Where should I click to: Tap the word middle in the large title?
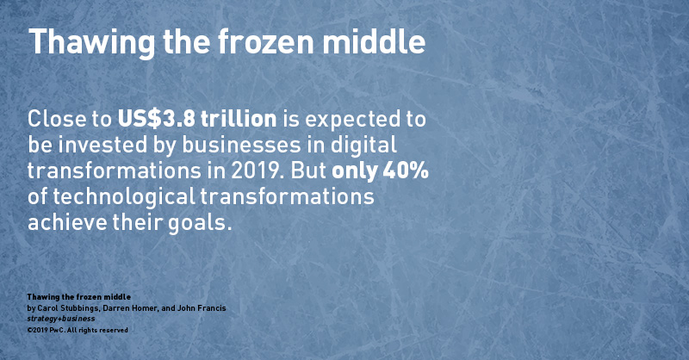374,40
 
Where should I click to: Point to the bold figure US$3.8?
156,119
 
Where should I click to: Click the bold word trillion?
239,119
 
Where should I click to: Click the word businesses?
242,145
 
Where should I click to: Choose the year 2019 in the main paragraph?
255,171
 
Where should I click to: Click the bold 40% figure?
406,171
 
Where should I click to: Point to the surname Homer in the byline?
143,308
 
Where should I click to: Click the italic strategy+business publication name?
61,319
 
